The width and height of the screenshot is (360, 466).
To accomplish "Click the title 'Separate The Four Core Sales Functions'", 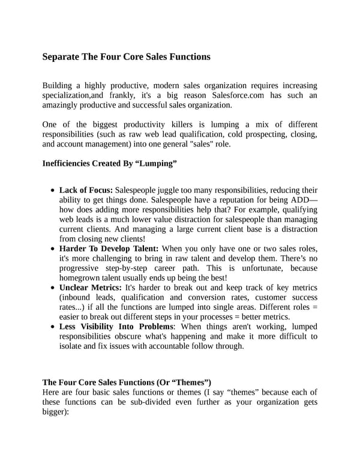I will click(x=126, y=57).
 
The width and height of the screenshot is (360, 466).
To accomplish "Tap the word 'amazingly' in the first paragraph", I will click(x=61, y=105).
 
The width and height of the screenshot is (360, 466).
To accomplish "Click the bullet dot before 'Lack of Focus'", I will click(x=55, y=190).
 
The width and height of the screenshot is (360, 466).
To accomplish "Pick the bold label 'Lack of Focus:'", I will click(x=86, y=190).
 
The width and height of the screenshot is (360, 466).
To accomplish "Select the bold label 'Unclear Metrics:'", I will click(x=91, y=288).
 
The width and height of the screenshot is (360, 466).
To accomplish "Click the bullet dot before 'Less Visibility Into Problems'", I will click(x=55, y=327).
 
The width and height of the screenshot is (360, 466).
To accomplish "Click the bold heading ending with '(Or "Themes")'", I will click(x=127, y=382).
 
